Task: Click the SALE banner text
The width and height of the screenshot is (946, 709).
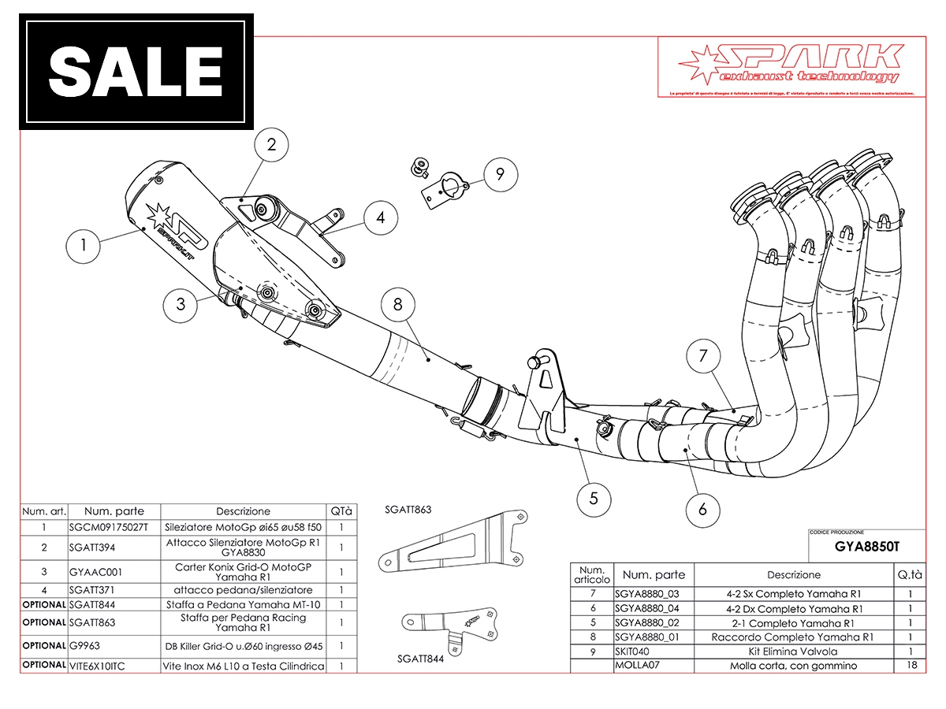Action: pyautogui.click(x=136, y=72)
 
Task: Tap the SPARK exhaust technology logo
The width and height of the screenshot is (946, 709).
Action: pyautogui.click(x=788, y=64)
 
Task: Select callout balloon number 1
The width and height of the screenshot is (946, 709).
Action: pyautogui.click(x=84, y=246)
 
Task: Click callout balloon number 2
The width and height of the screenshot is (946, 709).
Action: pyautogui.click(x=272, y=145)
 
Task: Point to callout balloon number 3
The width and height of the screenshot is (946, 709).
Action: pyautogui.click(x=181, y=305)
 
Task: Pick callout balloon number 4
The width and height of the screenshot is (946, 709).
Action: pyautogui.click(x=381, y=217)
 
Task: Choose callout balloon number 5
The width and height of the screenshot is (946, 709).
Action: pyautogui.click(x=593, y=498)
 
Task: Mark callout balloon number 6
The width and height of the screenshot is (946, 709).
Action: pyautogui.click(x=702, y=510)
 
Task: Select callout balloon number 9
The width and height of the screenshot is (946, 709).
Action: pyautogui.click(x=500, y=175)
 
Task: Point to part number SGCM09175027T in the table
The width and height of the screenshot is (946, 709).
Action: pyautogui.click(x=108, y=527)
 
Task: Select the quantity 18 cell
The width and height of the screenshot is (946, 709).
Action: pyautogui.click(x=910, y=666)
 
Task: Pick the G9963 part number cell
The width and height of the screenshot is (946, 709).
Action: pyautogui.click(x=85, y=646)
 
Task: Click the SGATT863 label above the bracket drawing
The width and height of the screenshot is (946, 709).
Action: pyautogui.click(x=408, y=510)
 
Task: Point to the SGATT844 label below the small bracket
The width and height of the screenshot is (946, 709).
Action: pyautogui.click(x=420, y=659)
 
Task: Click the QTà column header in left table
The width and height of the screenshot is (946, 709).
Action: pyautogui.click(x=341, y=511)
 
